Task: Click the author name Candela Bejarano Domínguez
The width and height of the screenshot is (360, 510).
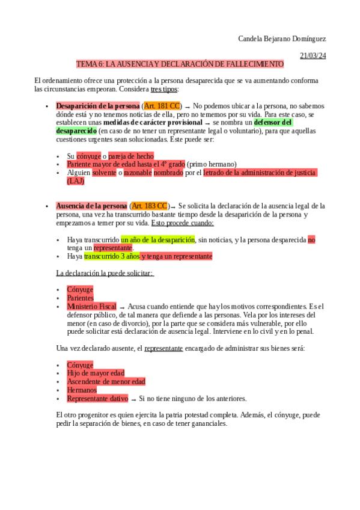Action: [282, 39]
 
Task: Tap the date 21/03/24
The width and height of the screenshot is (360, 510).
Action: [313, 55]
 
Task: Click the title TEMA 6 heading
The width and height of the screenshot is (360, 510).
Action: [180, 64]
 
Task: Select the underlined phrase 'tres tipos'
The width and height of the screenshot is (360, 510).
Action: [163, 89]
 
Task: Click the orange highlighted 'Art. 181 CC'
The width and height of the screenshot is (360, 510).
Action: [162, 106]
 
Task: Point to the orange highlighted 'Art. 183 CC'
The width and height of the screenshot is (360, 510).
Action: [150, 206]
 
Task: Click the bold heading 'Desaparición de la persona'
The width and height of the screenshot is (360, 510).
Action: [97, 106]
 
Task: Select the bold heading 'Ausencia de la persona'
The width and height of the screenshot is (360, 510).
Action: [91, 206]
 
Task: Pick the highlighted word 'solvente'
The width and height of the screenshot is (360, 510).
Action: [104, 173]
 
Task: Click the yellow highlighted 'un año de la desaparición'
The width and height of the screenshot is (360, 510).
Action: [158, 239]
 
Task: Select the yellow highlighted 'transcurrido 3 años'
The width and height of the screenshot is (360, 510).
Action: [112, 256]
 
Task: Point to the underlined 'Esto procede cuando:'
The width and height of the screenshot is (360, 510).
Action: [182, 223]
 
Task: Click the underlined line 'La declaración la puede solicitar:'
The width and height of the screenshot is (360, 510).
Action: [105, 272]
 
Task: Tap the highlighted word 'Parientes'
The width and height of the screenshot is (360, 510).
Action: [81, 298]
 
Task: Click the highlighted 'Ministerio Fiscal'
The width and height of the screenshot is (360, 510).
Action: [91, 306]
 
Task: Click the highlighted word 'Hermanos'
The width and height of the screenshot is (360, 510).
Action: [82, 390]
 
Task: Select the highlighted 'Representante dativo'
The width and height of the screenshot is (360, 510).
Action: [97, 398]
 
